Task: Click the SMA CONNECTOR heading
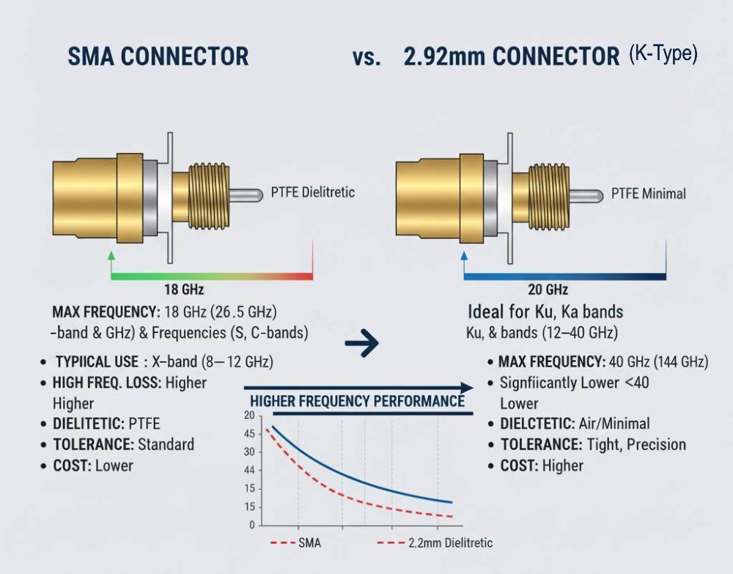(x=158, y=56)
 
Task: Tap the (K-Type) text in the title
(x=663, y=54)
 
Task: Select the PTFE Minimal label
(x=649, y=194)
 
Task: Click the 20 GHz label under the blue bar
(x=548, y=290)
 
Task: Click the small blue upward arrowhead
(x=464, y=257)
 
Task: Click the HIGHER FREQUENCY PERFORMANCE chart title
(x=358, y=401)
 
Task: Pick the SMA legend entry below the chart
(x=296, y=543)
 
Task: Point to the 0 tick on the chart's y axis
(x=251, y=525)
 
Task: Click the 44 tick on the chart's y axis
(x=249, y=470)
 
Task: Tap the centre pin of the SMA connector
(x=246, y=195)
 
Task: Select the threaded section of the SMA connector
(x=209, y=194)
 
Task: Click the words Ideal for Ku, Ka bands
(x=545, y=312)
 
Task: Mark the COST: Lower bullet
(x=93, y=466)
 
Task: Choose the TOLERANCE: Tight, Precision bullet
(x=594, y=444)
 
